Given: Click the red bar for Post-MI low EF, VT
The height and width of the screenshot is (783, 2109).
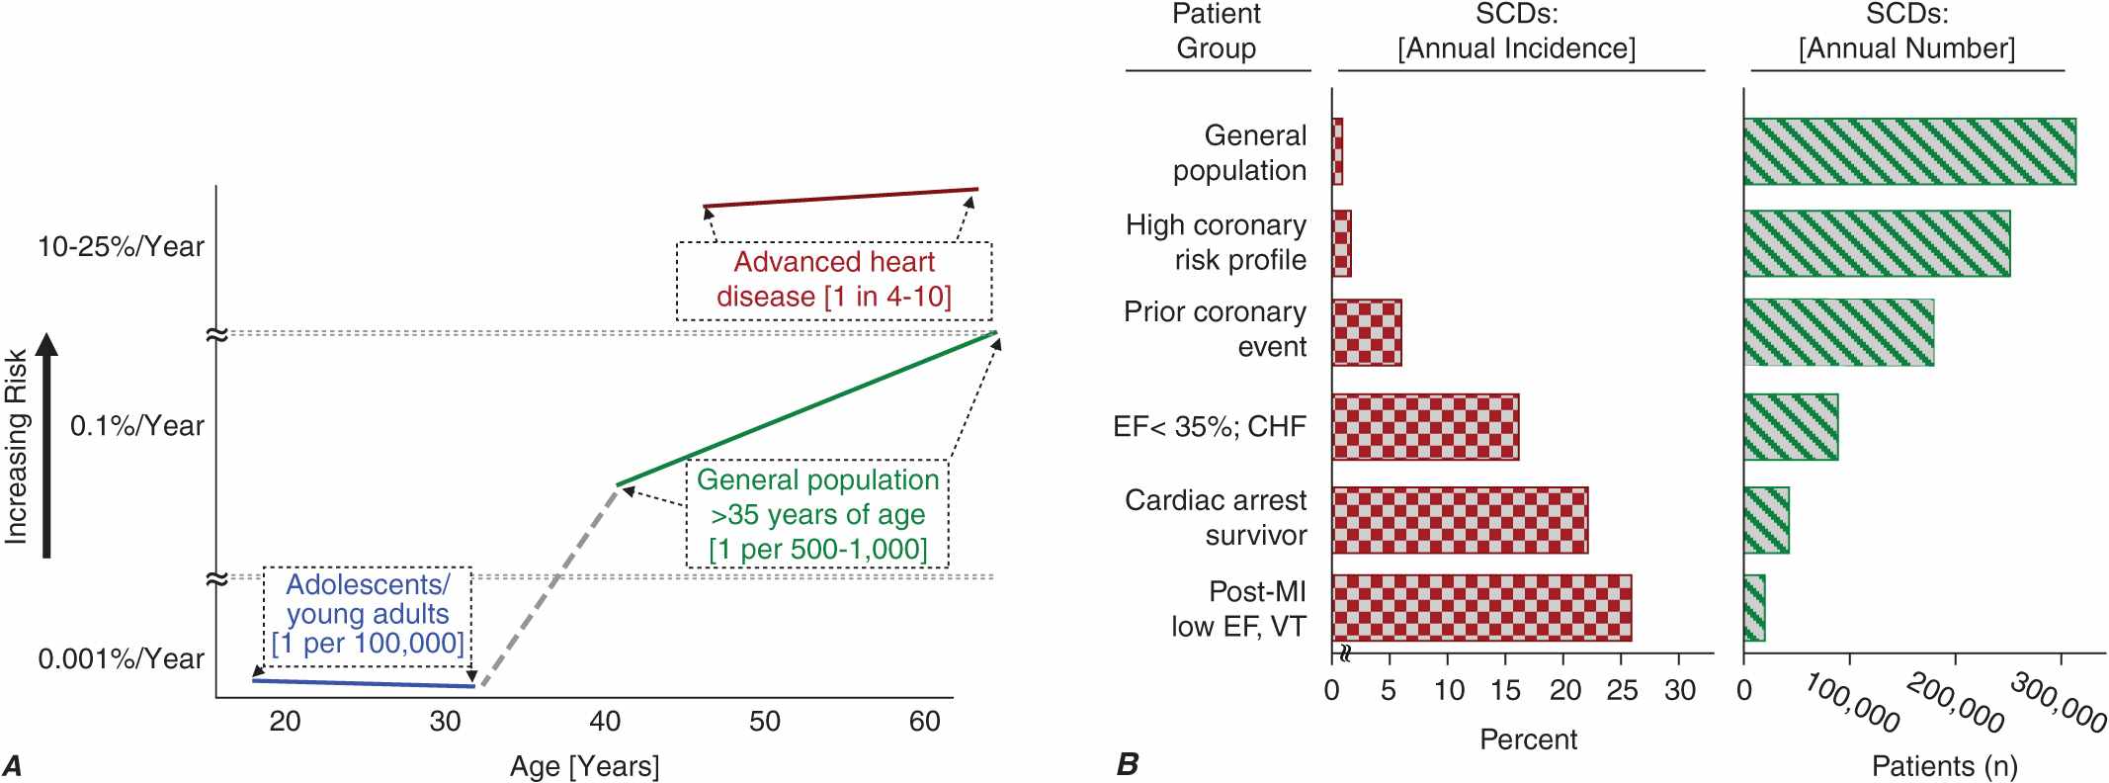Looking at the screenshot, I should click(1481, 608).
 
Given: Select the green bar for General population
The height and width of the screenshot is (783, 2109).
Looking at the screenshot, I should click(1908, 151).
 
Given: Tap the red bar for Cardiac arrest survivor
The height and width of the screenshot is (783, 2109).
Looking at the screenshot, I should click(1460, 520).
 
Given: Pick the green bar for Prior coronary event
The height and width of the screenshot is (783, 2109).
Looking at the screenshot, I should click(1838, 332).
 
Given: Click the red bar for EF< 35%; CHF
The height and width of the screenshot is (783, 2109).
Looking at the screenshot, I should click(1425, 427).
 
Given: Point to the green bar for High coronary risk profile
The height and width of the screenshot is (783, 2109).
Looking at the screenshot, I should click(1876, 243).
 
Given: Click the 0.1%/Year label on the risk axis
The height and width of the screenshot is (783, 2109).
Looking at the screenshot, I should click(136, 426).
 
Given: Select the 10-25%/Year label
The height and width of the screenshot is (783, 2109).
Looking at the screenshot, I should click(121, 246).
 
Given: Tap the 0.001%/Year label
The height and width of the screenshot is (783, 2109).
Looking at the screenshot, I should click(121, 658).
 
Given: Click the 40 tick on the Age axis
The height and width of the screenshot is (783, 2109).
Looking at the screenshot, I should click(605, 722).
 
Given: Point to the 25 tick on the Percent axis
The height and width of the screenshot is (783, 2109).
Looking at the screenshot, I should click(1622, 690).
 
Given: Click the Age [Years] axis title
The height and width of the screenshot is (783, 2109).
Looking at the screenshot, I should click(584, 766).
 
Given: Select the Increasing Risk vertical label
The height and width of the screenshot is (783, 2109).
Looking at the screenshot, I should click(16, 446).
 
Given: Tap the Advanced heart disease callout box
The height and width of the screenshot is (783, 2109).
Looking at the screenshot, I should click(833, 280).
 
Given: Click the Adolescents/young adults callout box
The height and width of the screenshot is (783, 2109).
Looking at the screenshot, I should click(367, 614).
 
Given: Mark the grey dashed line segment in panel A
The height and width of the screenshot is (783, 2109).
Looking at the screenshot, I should click(549, 584).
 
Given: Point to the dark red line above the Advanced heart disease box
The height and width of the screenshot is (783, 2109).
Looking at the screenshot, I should click(840, 197).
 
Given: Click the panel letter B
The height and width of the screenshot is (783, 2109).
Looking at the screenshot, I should click(1127, 764).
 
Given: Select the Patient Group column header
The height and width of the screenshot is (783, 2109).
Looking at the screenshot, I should click(1216, 32).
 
